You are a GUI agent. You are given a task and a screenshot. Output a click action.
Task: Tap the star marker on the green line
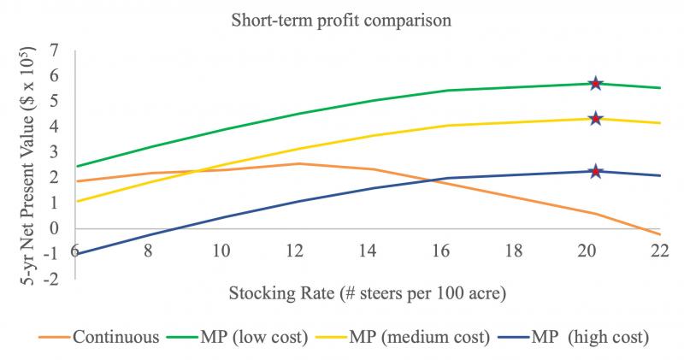tap(596, 83)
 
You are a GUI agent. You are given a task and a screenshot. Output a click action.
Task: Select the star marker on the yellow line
tap(596, 119)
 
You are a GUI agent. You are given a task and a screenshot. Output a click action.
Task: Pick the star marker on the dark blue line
tap(596, 171)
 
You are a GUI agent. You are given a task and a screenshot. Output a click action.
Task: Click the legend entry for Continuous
tap(102, 336)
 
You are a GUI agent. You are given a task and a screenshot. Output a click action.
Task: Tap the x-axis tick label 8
tap(149, 252)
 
